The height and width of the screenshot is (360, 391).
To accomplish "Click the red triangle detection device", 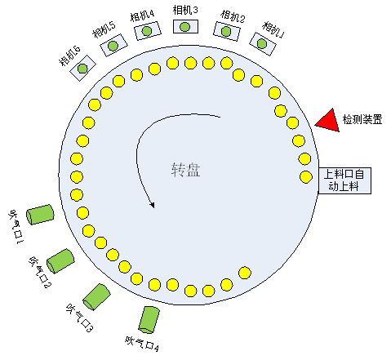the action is tap(330, 122).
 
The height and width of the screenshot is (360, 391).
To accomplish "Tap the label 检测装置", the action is tap(362, 119).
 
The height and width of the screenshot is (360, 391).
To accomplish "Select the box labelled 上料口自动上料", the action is tap(344, 180).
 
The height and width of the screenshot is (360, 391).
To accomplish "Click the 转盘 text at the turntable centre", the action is tap(186, 170).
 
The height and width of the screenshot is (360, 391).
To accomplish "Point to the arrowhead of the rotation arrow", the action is tap(152, 205).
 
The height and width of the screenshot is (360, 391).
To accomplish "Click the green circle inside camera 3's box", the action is tap(185, 27).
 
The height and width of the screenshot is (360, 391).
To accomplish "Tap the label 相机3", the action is tap(185, 10).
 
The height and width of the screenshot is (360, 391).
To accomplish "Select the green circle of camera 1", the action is tap(262, 43).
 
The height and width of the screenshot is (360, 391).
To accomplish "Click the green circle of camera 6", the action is tap(82, 69).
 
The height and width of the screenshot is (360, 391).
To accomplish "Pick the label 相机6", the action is tap(69, 56).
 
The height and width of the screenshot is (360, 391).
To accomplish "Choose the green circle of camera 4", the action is tap(147, 31).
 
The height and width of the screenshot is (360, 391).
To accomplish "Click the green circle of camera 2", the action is tap(226, 32).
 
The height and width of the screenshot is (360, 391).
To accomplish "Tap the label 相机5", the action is tap(104, 29).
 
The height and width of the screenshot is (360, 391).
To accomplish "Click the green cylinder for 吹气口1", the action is tap(40, 215).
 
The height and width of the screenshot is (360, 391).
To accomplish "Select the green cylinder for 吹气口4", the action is tap(149, 320).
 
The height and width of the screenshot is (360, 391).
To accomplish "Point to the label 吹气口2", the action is tap(40, 272).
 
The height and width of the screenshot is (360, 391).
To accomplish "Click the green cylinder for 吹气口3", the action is tap(96, 296).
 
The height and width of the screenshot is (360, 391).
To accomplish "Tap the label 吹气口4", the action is tap(142, 344).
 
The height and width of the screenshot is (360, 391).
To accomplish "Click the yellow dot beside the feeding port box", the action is tap(306, 177).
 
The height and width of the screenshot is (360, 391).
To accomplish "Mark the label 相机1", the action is tap(273, 29).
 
